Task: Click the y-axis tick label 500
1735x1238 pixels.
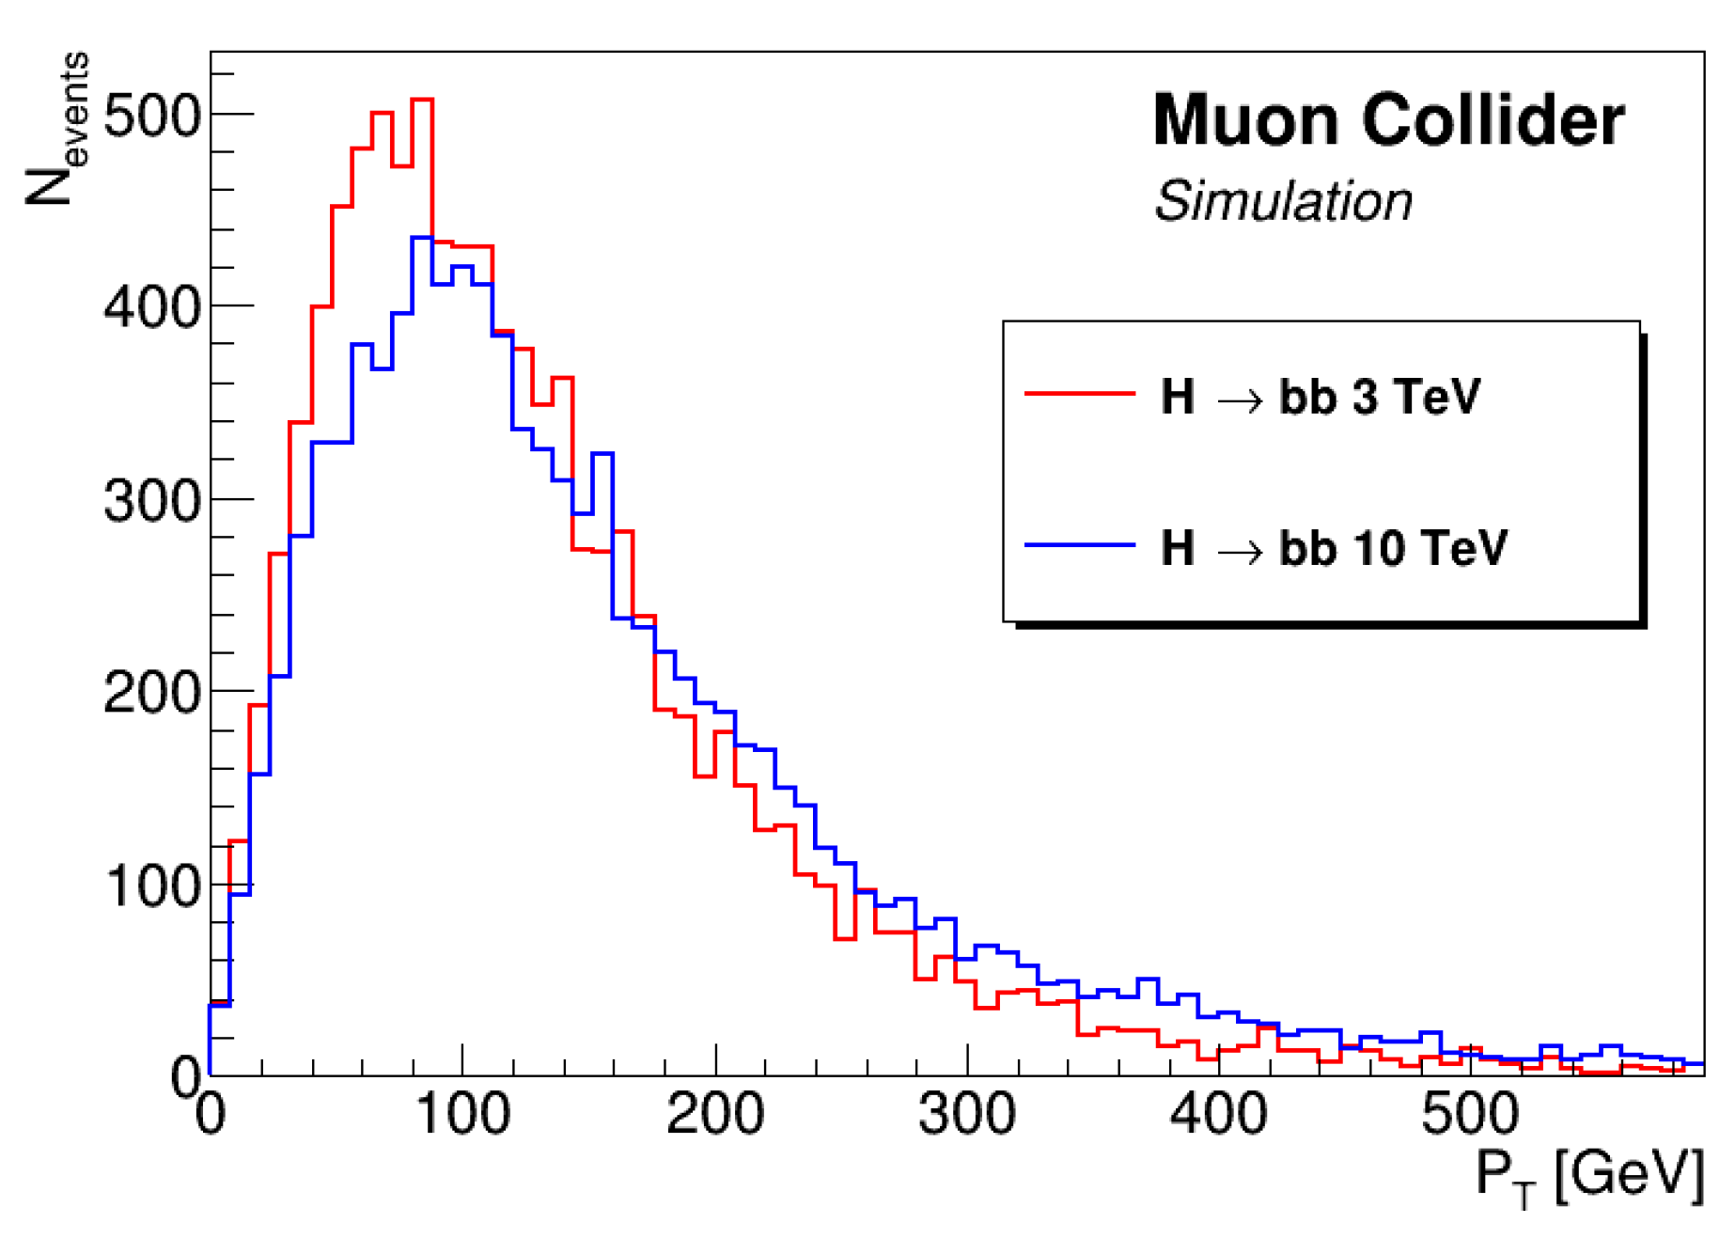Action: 152,118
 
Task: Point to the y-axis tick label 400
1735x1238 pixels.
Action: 152,308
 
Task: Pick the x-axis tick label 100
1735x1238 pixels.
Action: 462,1115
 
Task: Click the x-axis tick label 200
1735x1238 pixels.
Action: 714,1115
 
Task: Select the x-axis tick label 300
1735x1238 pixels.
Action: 967,1115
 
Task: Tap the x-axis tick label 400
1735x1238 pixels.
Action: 1218,1115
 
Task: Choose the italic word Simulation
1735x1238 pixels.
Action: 1283,201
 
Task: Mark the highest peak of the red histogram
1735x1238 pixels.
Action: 422,100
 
